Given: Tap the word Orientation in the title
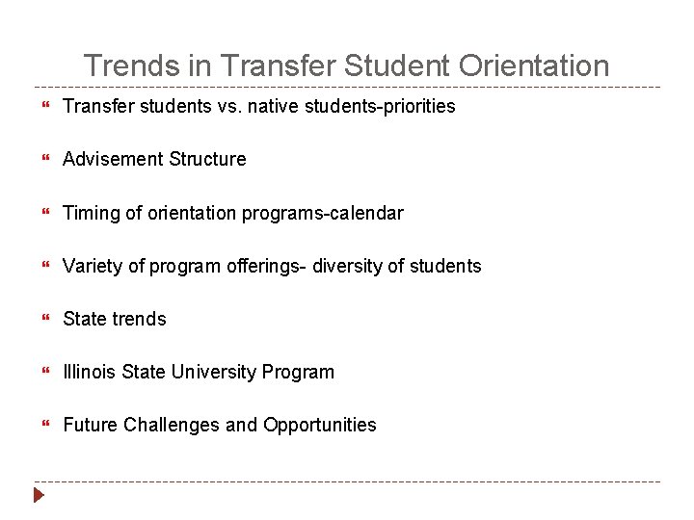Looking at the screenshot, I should tap(535, 66).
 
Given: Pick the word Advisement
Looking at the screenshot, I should tap(113, 159).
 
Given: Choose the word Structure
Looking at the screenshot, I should tap(207, 159).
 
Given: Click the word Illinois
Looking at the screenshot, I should tap(90, 372).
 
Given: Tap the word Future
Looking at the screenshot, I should tap(91, 425).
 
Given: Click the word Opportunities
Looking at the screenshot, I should tap(320, 425).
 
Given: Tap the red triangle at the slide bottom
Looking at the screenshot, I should tap(39, 497).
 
